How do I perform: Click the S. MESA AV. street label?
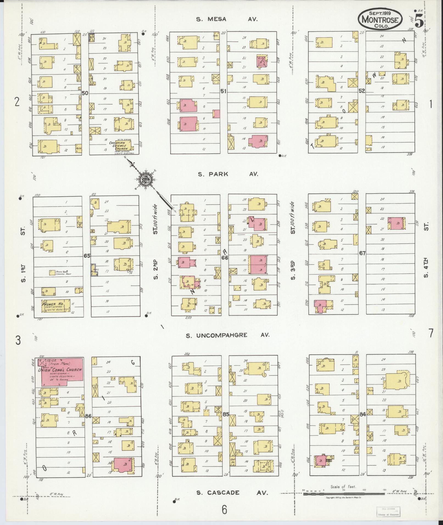pyautogui.click(x=227, y=19)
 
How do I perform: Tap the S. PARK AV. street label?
pyautogui.click(x=228, y=174)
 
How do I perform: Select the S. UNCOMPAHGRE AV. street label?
pyautogui.click(x=228, y=335)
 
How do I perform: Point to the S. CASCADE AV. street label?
pyautogui.click(x=232, y=493)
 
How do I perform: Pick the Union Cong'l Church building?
pyautogui.click(x=62, y=372)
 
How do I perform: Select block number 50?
pyautogui.click(x=85, y=93)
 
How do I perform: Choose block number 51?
pyautogui.click(x=223, y=91)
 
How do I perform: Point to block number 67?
pyautogui.click(x=363, y=253)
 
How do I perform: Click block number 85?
pyautogui.click(x=225, y=414)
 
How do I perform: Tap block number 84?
pyautogui.click(x=363, y=414)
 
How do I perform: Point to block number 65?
pyautogui.click(x=87, y=256)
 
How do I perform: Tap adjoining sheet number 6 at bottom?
pyautogui.click(x=224, y=510)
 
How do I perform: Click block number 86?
pyautogui.click(x=88, y=416)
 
